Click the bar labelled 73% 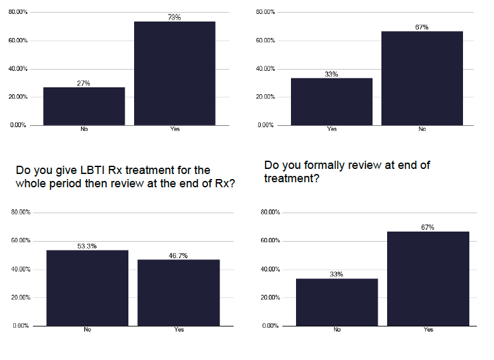pyautogui.click(x=175, y=73)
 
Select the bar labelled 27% pyautogui.click(x=83, y=106)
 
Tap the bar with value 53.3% pyautogui.click(x=87, y=287)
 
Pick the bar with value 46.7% pyautogui.click(x=179, y=292)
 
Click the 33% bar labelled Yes pyautogui.click(x=331, y=101)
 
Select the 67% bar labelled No pyautogui.click(x=422, y=78)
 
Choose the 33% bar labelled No pyautogui.click(x=337, y=302)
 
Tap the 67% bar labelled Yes pyautogui.click(x=428, y=278)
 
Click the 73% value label pyautogui.click(x=175, y=18)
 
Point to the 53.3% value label pyautogui.click(x=87, y=246)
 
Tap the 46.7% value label pyautogui.click(x=178, y=256)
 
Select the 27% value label pyautogui.click(x=83, y=83)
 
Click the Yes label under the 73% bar pyautogui.click(x=175, y=129)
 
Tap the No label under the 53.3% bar pyautogui.click(x=87, y=330)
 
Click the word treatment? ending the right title pyautogui.click(x=292, y=179)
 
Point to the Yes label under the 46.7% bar pyautogui.click(x=179, y=330)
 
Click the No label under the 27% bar pyautogui.click(x=83, y=129)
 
